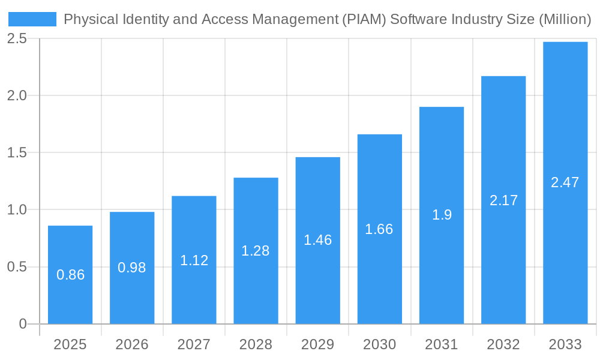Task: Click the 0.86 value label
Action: (70, 275)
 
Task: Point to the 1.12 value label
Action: (194, 260)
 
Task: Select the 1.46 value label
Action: (317, 240)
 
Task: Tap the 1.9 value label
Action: (442, 215)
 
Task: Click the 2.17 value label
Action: (503, 200)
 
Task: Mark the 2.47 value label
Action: (565, 182)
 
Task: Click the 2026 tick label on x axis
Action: (132, 344)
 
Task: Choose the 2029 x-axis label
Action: (317, 344)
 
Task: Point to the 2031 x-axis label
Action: (442, 344)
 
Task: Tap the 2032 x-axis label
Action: (503, 344)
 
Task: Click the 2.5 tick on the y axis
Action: (17, 38)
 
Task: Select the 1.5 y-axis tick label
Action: (17, 152)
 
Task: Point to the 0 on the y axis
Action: (23, 324)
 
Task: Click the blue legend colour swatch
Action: (32, 19)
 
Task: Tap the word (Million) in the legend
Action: (565, 19)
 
